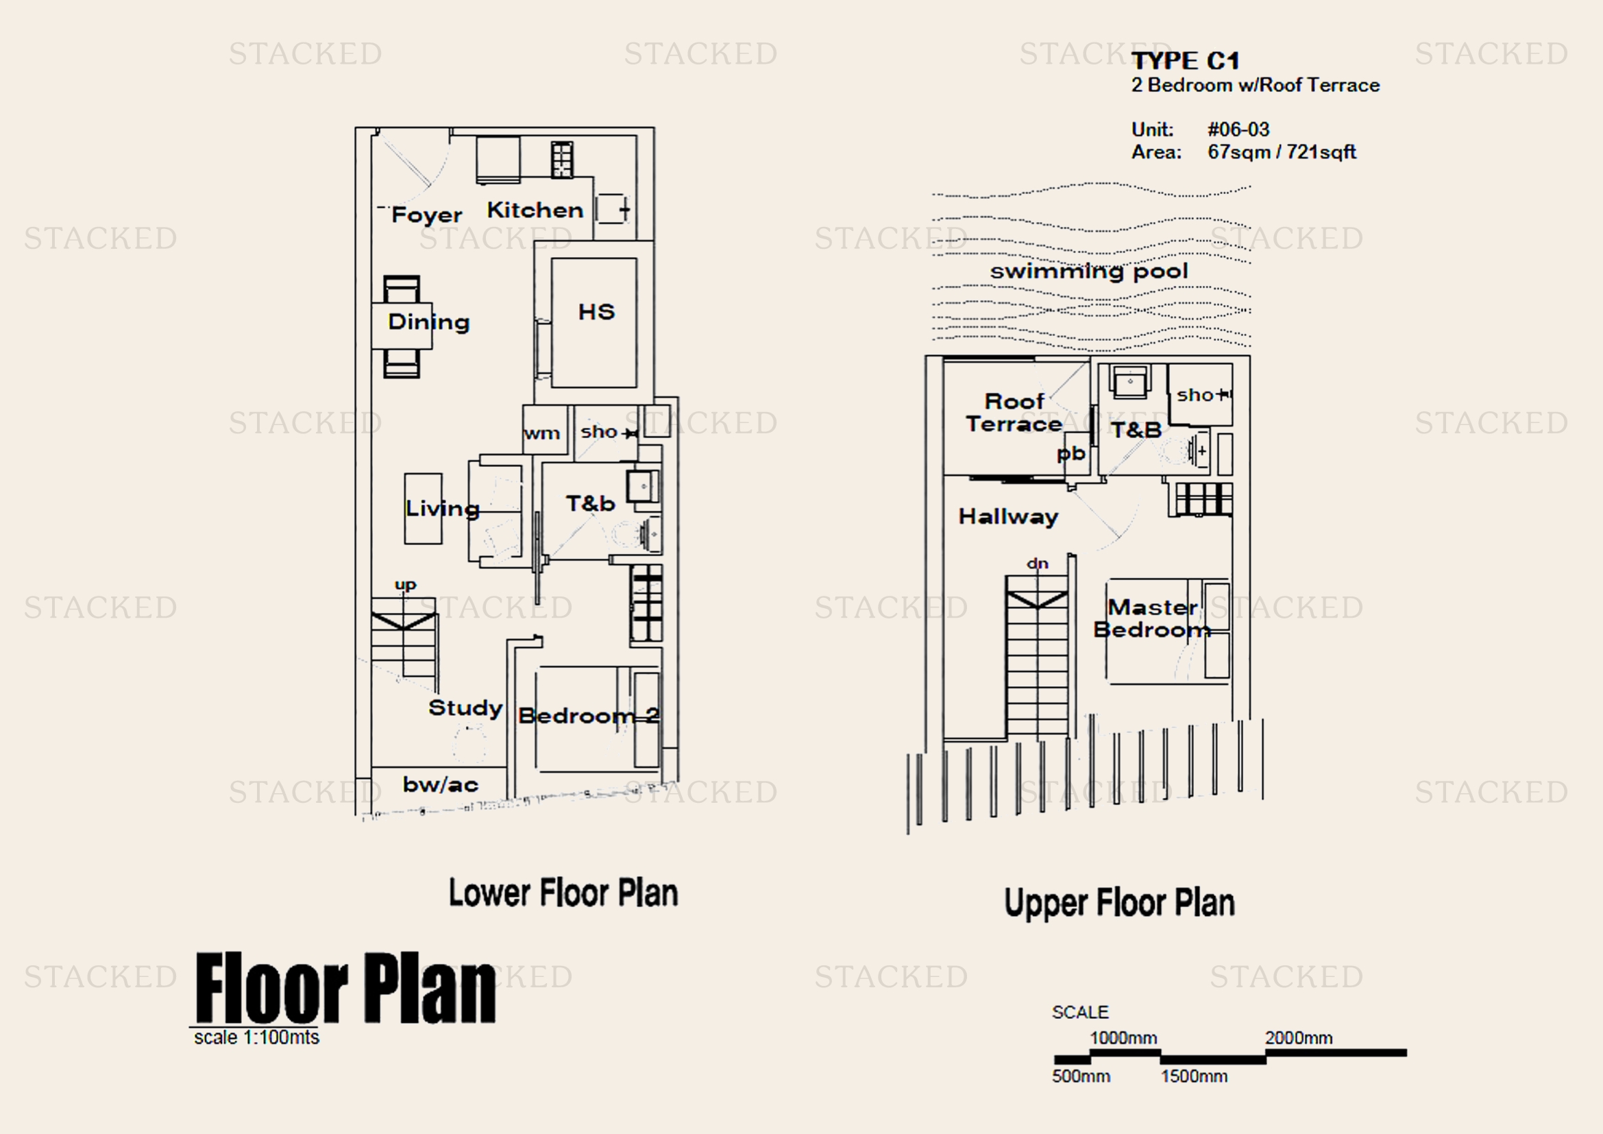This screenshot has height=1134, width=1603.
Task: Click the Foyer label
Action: pyautogui.click(x=426, y=215)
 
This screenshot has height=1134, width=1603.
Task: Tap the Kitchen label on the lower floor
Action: pyautogui.click(x=535, y=210)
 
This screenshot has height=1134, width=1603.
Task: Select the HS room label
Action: pyautogui.click(x=596, y=311)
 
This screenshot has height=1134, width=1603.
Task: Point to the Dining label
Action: pyautogui.click(x=428, y=322)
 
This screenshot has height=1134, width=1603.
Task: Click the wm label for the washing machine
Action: pyautogui.click(x=542, y=433)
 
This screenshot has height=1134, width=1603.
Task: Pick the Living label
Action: pyautogui.click(x=443, y=508)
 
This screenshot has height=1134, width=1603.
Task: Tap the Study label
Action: pyautogui.click(x=465, y=708)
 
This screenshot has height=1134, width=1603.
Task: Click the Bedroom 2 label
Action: pyautogui.click(x=589, y=716)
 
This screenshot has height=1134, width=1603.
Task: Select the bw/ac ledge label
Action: pyautogui.click(x=441, y=784)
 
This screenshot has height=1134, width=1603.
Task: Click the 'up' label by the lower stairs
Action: pyautogui.click(x=405, y=584)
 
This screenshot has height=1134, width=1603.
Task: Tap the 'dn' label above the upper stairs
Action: pyautogui.click(x=1038, y=563)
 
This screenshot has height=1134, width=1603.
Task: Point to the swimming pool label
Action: pyautogui.click(x=1088, y=271)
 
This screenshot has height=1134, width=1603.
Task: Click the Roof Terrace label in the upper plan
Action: pyautogui.click(x=1014, y=413)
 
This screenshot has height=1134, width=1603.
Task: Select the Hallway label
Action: pyautogui.click(x=1008, y=517)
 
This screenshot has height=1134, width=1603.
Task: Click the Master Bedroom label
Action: pyautogui.click(x=1152, y=618)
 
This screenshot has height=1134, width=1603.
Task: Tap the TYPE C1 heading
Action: pyautogui.click(x=1186, y=61)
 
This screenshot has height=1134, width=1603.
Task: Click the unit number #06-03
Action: pyautogui.click(x=1238, y=129)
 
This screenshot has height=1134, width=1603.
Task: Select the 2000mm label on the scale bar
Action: pyautogui.click(x=1299, y=1037)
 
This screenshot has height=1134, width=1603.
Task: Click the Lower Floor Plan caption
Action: pyautogui.click(x=563, y=893)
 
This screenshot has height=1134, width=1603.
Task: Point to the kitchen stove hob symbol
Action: pyautogui.click(x=562, y=159)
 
